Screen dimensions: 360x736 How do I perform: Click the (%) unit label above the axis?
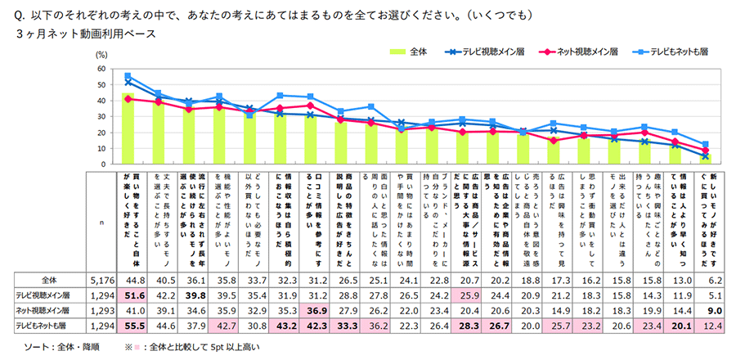tap(101, 55)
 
